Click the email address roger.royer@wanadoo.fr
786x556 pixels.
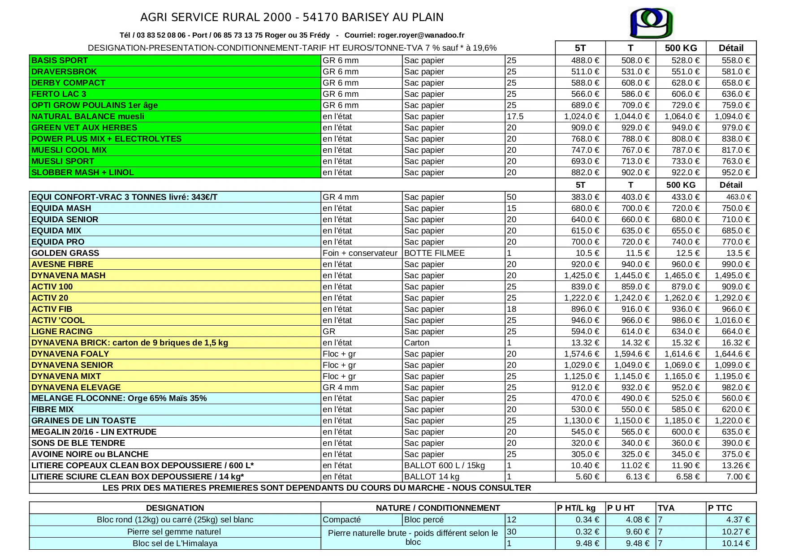(x=421, y=35)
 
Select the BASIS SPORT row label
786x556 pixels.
(x=60, y=60)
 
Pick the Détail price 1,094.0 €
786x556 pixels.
(x=732, y=116)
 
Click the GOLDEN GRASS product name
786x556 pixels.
(x=65, y=253)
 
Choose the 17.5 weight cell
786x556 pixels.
(x=515, y=116)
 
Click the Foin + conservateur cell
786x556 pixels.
(x=360, y=253)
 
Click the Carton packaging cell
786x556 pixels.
(x=417, y=343)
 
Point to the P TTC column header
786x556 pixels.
(x=720, y=508)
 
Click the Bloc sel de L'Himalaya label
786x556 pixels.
(x=175, y=543)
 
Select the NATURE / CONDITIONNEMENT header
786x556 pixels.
(x=438, y=508)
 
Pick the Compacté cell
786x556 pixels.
(x=341, y=520)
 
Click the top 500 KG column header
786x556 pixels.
(x=681, y=48)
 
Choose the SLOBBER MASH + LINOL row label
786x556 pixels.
(x=82, y=172)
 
